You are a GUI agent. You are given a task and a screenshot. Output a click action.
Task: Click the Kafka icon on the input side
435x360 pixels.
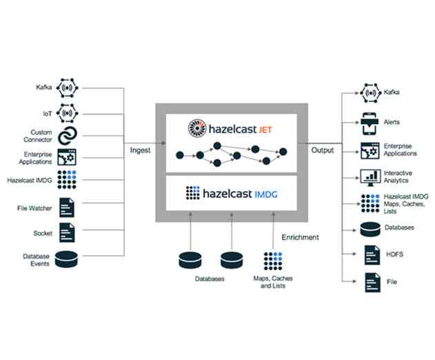click(x=68, y=88)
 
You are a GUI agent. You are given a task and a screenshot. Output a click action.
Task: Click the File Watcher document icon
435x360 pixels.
click(x=67, y=206)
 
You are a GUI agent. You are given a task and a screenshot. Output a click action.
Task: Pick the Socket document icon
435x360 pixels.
click(x=67, y=232)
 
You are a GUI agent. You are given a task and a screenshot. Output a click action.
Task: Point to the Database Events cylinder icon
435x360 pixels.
click(x=67, y=259)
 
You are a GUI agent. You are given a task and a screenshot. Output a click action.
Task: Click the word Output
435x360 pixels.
click(x=322, y=150)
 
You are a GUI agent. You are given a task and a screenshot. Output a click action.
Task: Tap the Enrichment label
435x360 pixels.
click(x=300, y=237)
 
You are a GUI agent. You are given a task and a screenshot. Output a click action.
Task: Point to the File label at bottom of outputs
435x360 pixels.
click(x=392, y=282)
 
